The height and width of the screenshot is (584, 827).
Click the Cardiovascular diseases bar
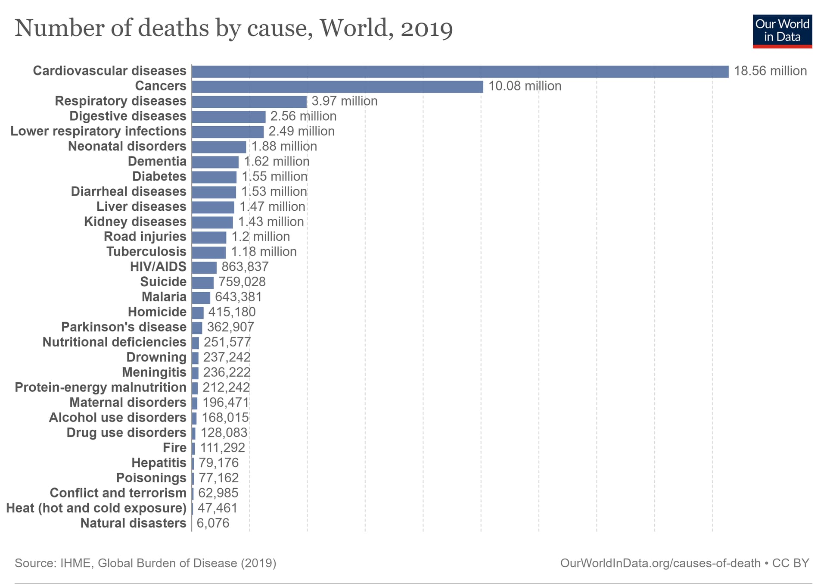pyautogui.click(x=460, y=72)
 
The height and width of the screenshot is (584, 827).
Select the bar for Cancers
pyautogui.click(x=337, y=87)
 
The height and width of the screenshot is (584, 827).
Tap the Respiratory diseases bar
pyautogui.click(x=249, y=102)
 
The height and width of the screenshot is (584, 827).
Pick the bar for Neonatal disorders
pyautogui.click(x=219, y=147)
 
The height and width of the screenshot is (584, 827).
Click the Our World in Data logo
pyautogui.click(x=782, y=31)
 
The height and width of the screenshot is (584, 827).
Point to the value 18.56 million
pyautogui.click(x=770, y=71)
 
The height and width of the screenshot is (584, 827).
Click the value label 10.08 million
pyautogui.click(x=525, y=86)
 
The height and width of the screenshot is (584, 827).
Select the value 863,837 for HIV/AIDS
pyautogui.click(x=245, y=267)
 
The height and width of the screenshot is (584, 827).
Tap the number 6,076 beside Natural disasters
pyautogui.click(x=213, y=523)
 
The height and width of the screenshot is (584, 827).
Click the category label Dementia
pyautogui.click(x=157, y=162)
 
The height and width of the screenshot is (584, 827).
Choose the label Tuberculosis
pyautogui.click(x=146, y=252)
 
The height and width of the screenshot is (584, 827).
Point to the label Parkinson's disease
pyautogui.click(x=124, y=327)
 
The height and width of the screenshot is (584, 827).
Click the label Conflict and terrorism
pyautogui.click(x=118, y=493)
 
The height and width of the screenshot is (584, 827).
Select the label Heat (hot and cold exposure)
pyautogui.click(x=96, y=508)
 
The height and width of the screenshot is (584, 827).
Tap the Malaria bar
pyautogui.click(x=201, y=298)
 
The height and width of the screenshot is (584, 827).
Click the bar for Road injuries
pyautogui.click(x=209, y=237)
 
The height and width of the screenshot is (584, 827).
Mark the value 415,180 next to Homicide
pyautogui.click(x=232, y=312)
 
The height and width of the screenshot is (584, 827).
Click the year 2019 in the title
pyautogui.click(x=426, y=29)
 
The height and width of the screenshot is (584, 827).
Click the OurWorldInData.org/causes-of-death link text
pyautogui.click(x=660, y=563)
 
